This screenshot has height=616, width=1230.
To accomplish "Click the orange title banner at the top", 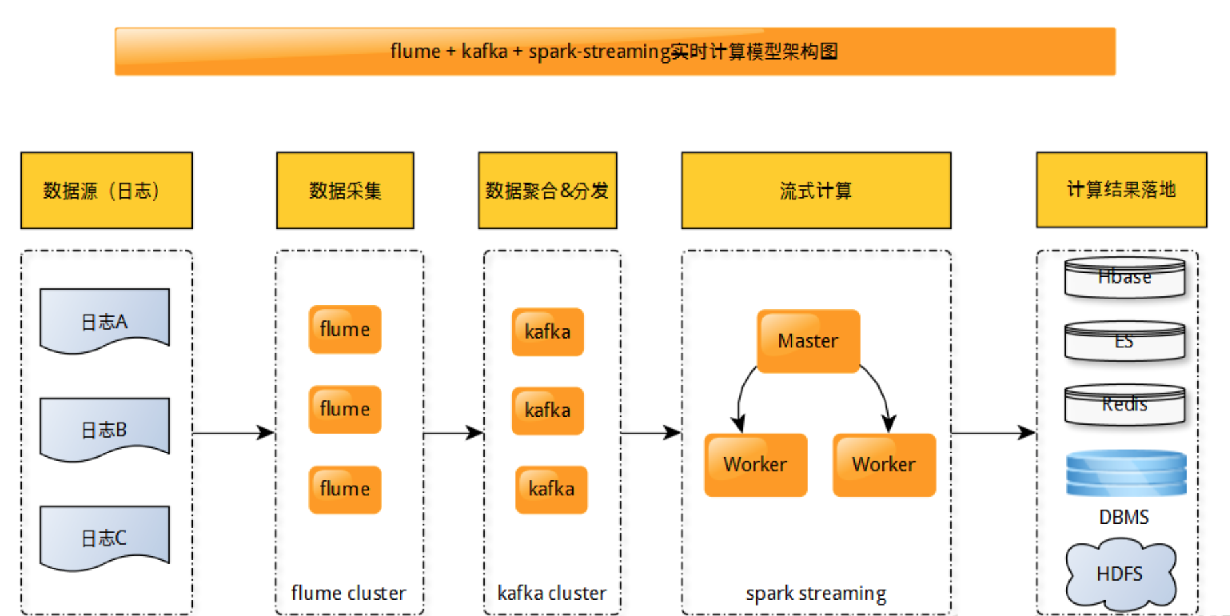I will pos(614,51).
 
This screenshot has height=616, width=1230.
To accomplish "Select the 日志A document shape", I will pos(105,320).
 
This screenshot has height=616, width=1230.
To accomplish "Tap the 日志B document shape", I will pos(105,429).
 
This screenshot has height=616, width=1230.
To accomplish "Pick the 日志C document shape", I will pos(105,537).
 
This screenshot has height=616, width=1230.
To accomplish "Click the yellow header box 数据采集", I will pos(345,191).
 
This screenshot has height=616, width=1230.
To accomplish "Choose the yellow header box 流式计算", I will pos(815,191).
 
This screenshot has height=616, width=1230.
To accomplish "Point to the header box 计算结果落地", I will pos(1121,190).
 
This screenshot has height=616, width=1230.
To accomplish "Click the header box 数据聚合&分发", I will pos(547,191).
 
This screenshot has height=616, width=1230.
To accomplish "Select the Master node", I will pos(808,341).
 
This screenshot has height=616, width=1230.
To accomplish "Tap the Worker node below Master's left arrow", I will pos(755,465).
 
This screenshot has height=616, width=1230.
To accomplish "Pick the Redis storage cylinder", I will pos(1125,404).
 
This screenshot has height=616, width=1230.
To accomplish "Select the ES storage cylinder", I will pos(1125,341).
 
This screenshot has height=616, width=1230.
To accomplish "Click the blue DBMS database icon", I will pos(1126,472).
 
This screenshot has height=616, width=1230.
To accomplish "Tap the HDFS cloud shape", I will pos(1120,573).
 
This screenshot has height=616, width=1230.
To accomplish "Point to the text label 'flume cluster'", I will pos(348,593).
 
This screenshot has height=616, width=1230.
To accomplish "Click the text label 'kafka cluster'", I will pos(551,593).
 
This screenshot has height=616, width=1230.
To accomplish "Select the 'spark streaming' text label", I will pos(815,593).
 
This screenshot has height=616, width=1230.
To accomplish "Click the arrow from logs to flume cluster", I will pos(234,433).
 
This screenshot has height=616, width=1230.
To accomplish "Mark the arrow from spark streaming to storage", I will pos(993,433).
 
